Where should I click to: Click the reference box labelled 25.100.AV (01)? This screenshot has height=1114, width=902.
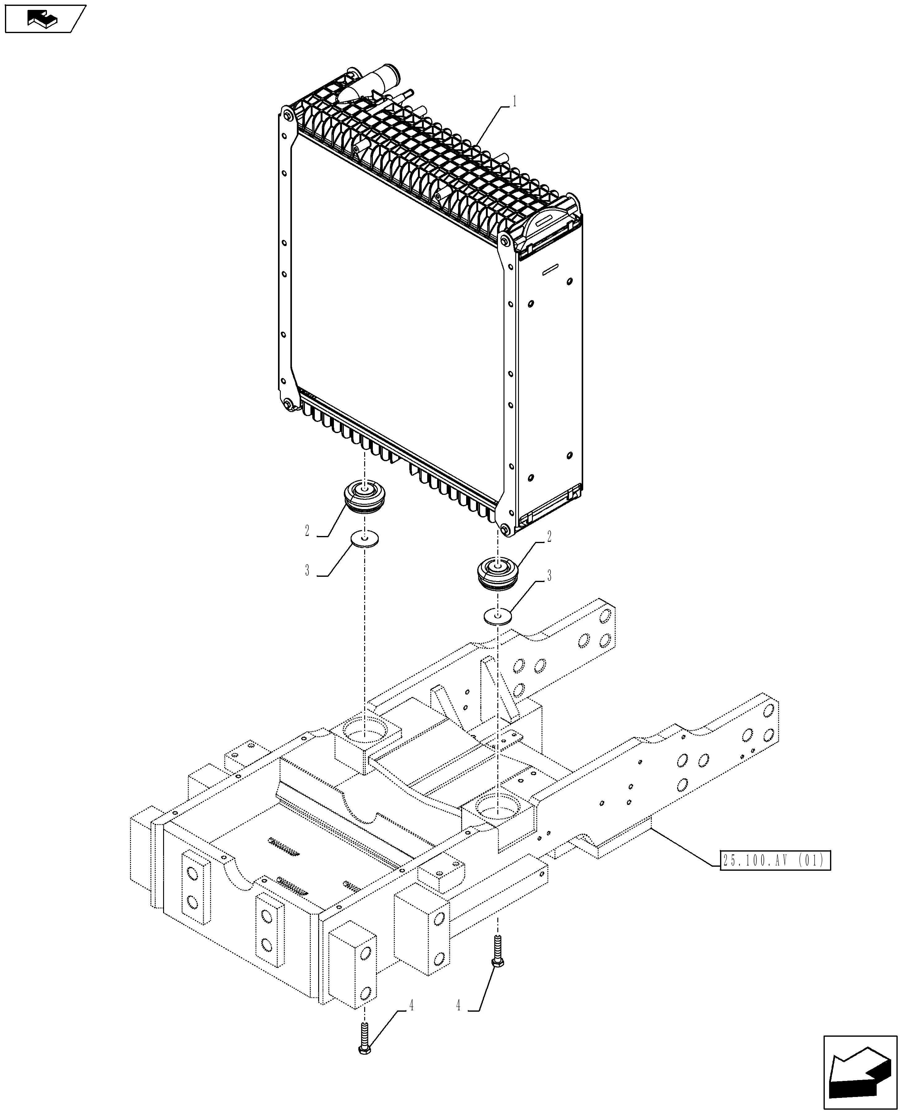click(x=775, y=861)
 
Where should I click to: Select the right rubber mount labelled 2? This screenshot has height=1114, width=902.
click(x=497, y=574)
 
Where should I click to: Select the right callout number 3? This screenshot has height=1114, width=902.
click(x=549, y=576)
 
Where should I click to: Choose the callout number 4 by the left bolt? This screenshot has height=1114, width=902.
click(x=411, y=1006)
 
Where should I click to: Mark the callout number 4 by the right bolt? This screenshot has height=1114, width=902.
click(x=458, y=1006)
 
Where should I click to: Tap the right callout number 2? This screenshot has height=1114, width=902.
click(x=549, y=537)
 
